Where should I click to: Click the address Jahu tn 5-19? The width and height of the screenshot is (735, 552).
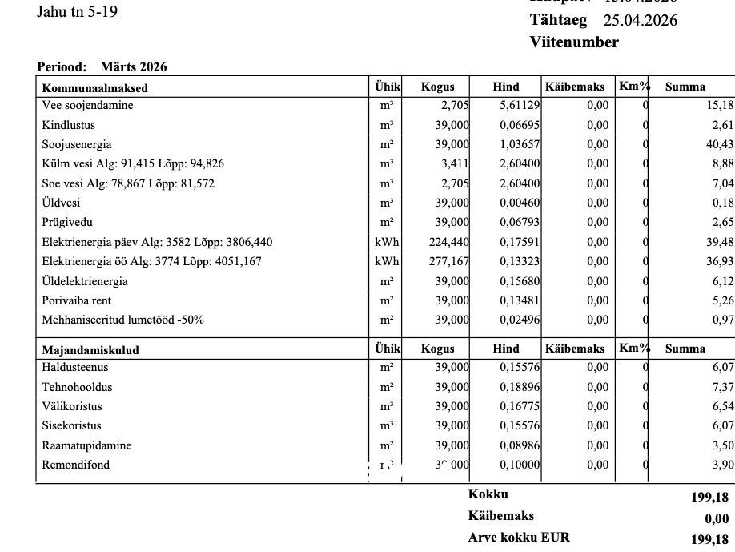[77, 13]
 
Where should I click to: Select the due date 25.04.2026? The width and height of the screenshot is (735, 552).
[640, 21]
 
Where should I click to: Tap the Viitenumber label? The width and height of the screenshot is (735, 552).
[574, 42]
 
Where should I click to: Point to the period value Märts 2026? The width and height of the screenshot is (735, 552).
[134, 67]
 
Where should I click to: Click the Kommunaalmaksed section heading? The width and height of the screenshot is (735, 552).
[94, 88]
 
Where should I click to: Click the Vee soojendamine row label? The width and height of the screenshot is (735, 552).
[87, 106]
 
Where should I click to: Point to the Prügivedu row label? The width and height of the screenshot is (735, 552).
[69, 223]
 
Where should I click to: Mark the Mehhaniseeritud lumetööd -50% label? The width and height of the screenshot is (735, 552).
[122, 320]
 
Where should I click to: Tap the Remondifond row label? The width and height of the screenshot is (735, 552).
[76, 465]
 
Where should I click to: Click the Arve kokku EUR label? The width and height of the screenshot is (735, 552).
[519, 538]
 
